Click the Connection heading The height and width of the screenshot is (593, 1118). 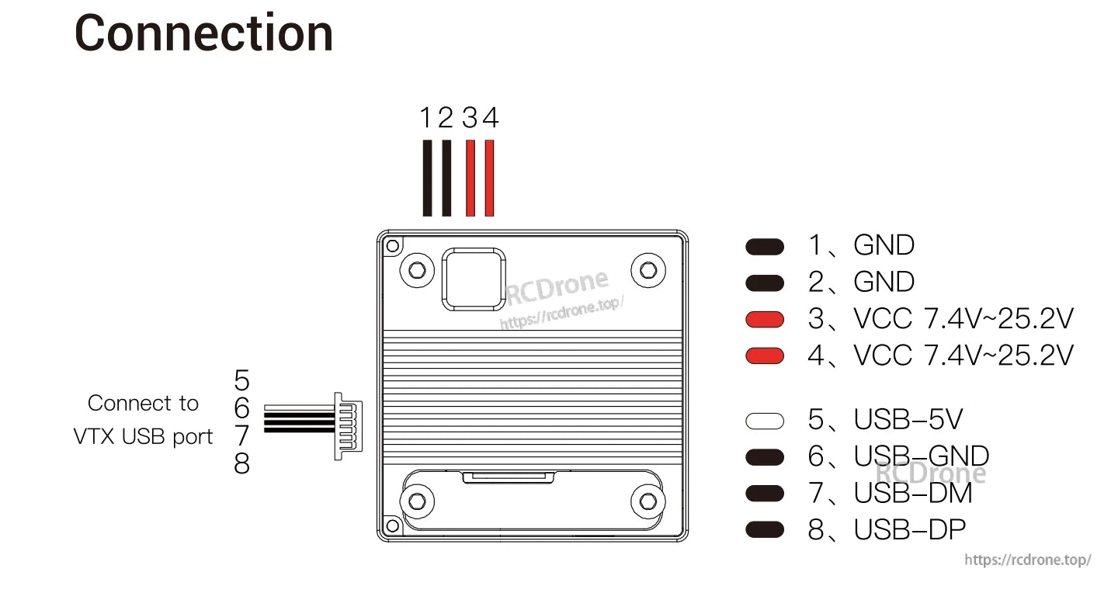(203, 33)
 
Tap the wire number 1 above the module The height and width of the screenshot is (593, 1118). (426, 118)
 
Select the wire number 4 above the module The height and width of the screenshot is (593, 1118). (490, 118)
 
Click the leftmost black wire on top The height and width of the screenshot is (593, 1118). (427, 178)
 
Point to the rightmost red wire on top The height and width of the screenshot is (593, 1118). (489, 178)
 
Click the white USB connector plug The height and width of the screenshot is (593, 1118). (348, 425)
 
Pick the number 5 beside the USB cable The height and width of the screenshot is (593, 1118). (242, 380)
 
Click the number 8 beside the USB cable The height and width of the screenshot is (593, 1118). (242, 464)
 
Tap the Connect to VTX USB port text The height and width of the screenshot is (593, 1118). (143, 420)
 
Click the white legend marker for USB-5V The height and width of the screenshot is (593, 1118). (765, 421)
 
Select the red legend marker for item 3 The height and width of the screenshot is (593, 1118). (765, 319)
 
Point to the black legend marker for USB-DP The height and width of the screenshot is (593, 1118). (765, 530)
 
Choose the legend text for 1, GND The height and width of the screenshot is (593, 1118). (862, 245)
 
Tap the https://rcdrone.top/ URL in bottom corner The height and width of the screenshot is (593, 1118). (1027, 560)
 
